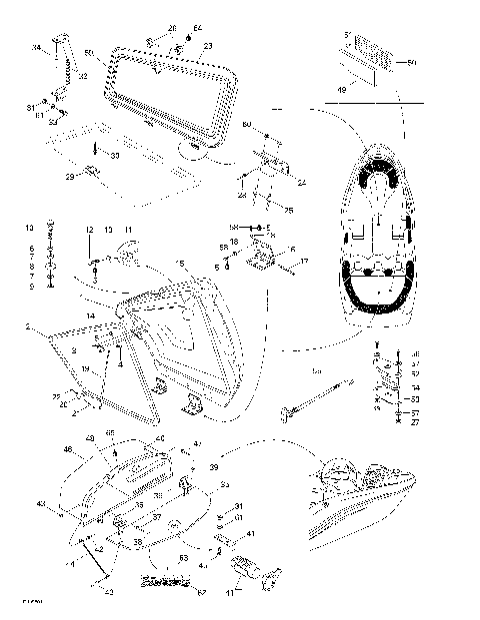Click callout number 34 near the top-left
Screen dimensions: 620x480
coord(36,47)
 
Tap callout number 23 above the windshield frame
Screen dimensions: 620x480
coord(208,46)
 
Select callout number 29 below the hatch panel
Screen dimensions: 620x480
coord(70,176)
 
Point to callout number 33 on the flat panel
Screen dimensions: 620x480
coord(114,156)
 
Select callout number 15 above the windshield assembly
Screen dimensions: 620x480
coord(181,263)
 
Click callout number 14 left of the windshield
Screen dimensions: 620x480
coord(90,315)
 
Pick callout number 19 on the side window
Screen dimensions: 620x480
coord(86,369)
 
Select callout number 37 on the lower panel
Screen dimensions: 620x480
coord(156,517)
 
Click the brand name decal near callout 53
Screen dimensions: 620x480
coord(165,582)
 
